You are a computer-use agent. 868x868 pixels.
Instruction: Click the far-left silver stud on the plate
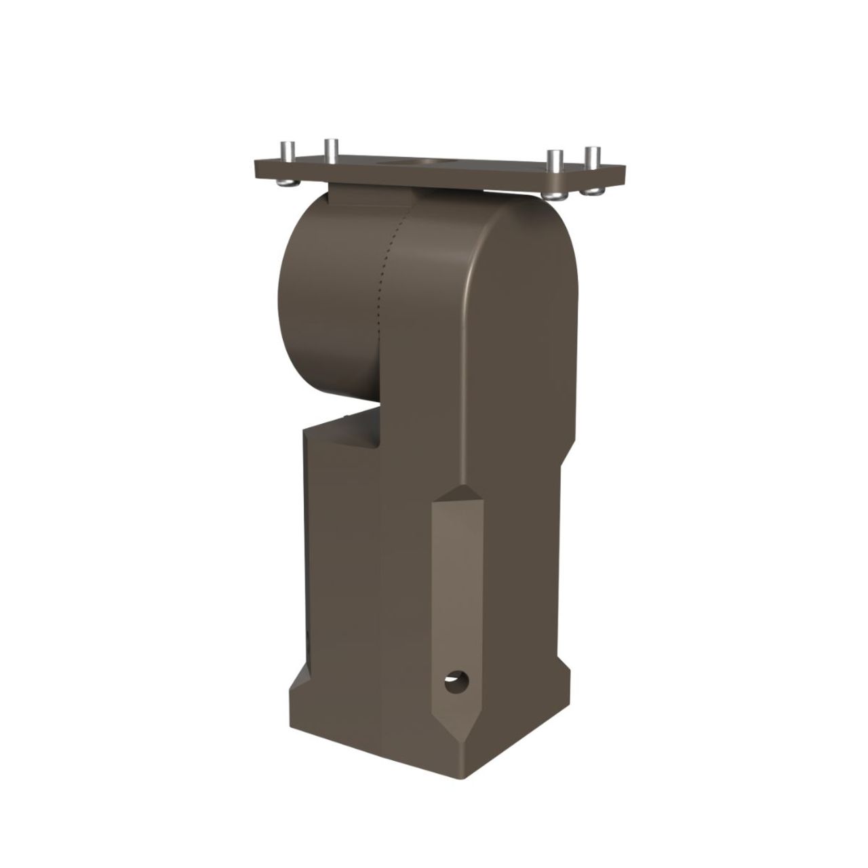pyautogui.click(x=287, y=150)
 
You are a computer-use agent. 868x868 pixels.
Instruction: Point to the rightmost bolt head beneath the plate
pyautogui.click(x=594, y=192)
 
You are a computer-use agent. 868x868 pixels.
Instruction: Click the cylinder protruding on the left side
pyautogui.click(x=325, y=305)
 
